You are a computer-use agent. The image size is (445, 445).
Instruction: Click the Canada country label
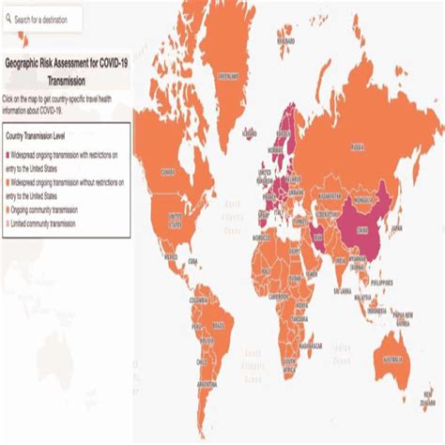coord(169,172)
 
